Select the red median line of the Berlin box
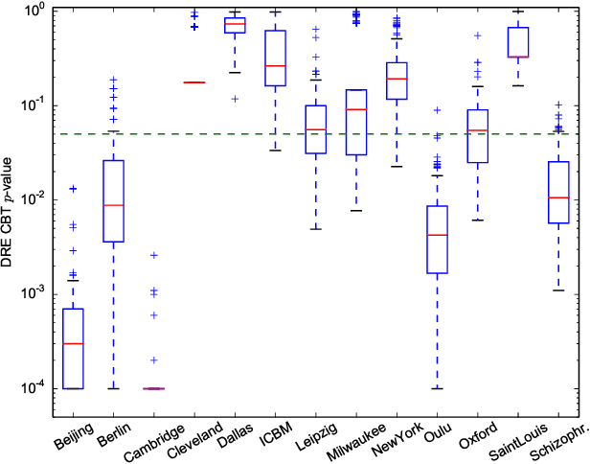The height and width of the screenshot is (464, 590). click(x=114, y=205)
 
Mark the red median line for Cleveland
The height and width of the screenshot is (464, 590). click(x=194, y=82)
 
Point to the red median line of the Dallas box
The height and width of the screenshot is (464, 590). click(x=235, y=24)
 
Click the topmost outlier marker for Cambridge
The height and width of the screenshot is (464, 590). click(x=154, y=255)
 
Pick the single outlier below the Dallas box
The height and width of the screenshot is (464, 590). click(x=235, y=99)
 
